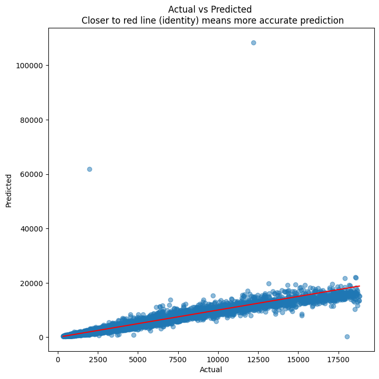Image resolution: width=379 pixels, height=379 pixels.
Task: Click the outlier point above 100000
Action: click(253, 43)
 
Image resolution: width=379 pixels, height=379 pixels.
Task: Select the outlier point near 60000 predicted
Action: click(89, 169)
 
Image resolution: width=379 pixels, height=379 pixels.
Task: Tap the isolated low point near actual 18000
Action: click(347, 336)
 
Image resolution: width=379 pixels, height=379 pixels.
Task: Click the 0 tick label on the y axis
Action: click(42, 338)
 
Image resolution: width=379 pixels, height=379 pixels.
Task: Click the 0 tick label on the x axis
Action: click(58, 360)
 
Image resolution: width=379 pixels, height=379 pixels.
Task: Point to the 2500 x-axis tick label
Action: click(98, 360)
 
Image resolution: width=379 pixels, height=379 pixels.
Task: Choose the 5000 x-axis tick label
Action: click(138, 360)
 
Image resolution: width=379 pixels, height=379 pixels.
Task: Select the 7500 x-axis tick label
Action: click(178, 360)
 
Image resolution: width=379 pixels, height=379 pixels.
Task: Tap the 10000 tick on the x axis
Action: click(218, 360)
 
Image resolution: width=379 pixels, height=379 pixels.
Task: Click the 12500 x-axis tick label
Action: click(258, 360)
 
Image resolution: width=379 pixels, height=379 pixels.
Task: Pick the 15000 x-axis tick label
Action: click(298, 360)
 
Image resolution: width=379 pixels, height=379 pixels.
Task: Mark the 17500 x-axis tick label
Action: click(337, 360)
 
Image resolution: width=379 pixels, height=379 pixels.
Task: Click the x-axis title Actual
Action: click(211, 370)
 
